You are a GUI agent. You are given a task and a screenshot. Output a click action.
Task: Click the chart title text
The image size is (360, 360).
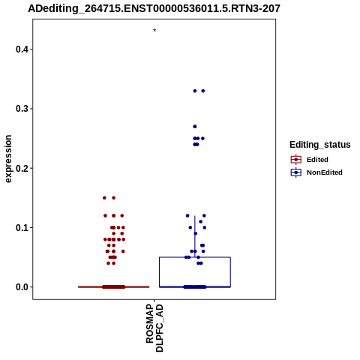click(x=154, y=9)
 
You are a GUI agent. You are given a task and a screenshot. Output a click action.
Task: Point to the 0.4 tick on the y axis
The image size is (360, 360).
click(x=31, y=49)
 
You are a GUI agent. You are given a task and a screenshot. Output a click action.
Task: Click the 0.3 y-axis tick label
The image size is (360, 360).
click(x=21, y=109)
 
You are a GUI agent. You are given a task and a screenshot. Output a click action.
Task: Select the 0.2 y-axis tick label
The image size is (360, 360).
click(x=21, y=168)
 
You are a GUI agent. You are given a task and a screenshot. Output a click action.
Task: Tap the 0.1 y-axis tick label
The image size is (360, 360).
click(x=21, y=228)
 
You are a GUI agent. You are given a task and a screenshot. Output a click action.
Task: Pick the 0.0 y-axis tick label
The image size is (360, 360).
click(x=21, y=287)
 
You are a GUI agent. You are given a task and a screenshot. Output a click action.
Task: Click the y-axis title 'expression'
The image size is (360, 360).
click(x=8, y=159)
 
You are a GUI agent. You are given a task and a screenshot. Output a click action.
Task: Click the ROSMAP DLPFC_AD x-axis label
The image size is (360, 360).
click(x=154, y=328)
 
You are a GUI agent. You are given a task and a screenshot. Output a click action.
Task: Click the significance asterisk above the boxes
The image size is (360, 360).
click(x=154, y=30)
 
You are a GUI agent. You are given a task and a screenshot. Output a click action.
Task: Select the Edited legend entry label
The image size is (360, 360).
click(x=317, y=160)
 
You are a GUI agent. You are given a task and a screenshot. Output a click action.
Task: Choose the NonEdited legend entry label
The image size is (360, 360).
click(x=325, y=172)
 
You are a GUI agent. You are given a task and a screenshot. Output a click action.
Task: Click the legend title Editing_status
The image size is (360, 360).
click(x=320, y=145)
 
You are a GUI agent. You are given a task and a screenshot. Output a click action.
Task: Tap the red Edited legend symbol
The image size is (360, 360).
click(x=296, y=160)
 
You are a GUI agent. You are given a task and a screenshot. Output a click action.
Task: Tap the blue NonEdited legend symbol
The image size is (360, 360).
click(x=296, y=172)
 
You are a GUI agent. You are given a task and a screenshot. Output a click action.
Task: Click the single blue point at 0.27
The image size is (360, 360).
click(x=195, y=127)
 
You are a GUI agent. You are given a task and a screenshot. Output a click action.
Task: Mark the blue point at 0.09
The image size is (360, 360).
click(x=196, y=233)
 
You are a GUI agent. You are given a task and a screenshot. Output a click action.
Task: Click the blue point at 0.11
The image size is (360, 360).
click(x=200, y=221)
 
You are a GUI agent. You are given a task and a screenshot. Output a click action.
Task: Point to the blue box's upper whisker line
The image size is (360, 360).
click(x=195, y=236)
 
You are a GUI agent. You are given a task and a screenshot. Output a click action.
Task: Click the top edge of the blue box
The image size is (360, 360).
click(x=195, y=257)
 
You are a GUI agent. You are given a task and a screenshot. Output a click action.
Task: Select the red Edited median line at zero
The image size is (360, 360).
click(x=114, y=287)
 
